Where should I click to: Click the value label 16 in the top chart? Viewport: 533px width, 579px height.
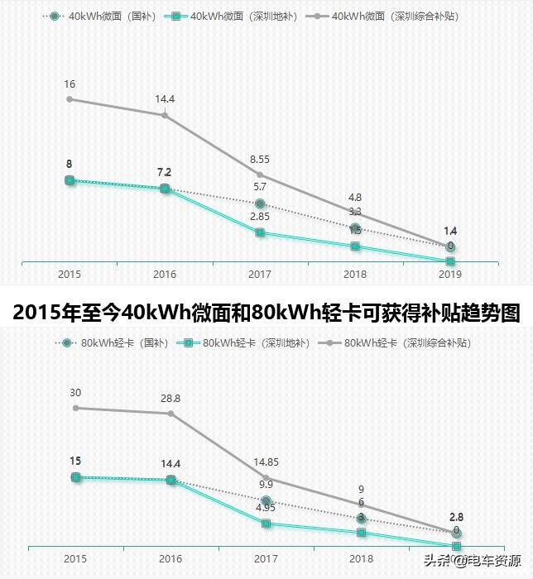click(70, 84)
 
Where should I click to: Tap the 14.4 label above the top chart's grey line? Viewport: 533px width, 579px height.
click(165, 99)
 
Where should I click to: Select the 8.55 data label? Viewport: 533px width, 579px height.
click(259, 159)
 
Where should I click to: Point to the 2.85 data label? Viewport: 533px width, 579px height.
click(259, 217)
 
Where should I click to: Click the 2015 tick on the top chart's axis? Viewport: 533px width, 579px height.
click(70, 274)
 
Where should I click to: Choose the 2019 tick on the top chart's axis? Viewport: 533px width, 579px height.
click(449, 274)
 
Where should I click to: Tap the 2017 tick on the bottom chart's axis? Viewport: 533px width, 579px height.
click(266, 559)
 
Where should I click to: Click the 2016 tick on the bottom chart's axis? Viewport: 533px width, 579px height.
click(170, 559)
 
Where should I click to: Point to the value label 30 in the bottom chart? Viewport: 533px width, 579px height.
click(75, 393)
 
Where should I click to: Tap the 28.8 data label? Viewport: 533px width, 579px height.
click(170, 398)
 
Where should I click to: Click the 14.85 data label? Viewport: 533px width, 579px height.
click(266, 462)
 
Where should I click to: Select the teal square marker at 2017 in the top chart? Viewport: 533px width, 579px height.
click(260, 232)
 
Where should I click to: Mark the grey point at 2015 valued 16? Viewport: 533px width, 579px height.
click(70, 99)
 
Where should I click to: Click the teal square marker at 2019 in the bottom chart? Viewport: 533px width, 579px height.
click(456, 546)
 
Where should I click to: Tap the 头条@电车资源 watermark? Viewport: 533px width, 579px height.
click(473, 562)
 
